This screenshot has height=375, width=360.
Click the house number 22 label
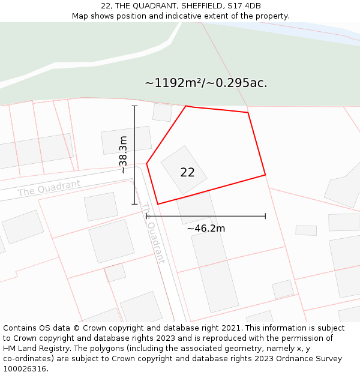pos(187,172)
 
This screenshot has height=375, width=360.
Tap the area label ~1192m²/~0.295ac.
pos(206,83)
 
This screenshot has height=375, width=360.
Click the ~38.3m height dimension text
pos(123,155)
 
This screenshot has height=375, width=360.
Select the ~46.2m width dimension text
pos(206,228)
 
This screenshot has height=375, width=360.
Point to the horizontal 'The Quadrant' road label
pos(49,188)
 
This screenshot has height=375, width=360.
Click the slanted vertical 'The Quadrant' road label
pos(153,233)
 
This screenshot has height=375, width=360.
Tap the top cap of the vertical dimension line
pos(134,106)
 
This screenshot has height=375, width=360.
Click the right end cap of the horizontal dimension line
pos(265,216)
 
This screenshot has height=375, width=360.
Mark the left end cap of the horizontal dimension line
pos(147,216)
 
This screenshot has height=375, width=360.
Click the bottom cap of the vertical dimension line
pos(134,204)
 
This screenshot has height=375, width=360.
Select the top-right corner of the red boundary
pos(248,112)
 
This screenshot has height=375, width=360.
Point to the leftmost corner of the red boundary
pos(147,163)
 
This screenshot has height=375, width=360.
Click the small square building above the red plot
pos(162,112)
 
